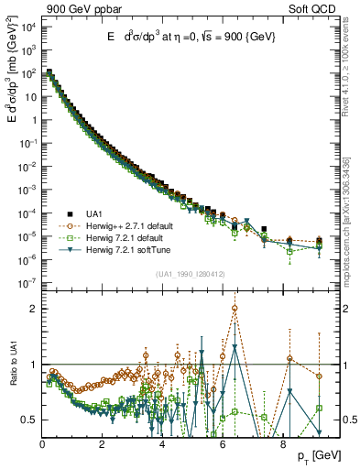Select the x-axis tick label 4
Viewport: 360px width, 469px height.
tap(162, 446)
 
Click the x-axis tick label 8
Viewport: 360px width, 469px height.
tap(282, 446)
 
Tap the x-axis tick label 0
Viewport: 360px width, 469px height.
tap(43, 446)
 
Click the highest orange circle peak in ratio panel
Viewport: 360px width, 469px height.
tap(235, 308)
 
